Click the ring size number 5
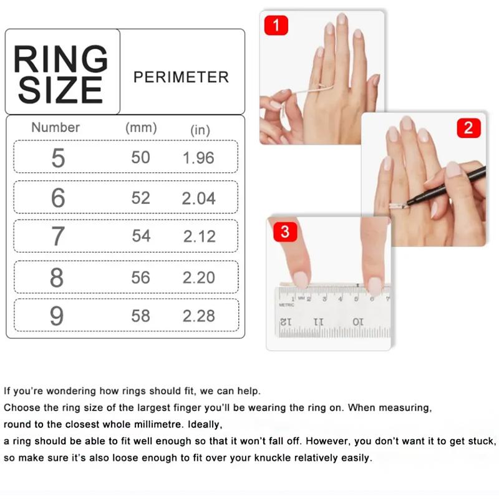click(x=57, y=158)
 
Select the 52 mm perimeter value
click(x=140, y=198)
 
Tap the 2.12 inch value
click(x=198, y=236)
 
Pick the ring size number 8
click(x=57, y=278)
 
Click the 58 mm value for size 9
click(x=140, y=316)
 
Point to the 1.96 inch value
click(x=198, y=158)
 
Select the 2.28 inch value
click(x=198, y=316)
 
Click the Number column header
click(x=56, y=127)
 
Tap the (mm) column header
click(x=141, y=128)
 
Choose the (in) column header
click(x=200, y=130)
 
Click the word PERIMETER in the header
click(x=181, y=77)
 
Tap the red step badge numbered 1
click(x=276, y=25)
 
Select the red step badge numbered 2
click(x=468, y=128)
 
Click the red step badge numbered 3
click(x=285, y=233)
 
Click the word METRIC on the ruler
click(x=286, y=305)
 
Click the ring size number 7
click(x=57, y=237)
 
